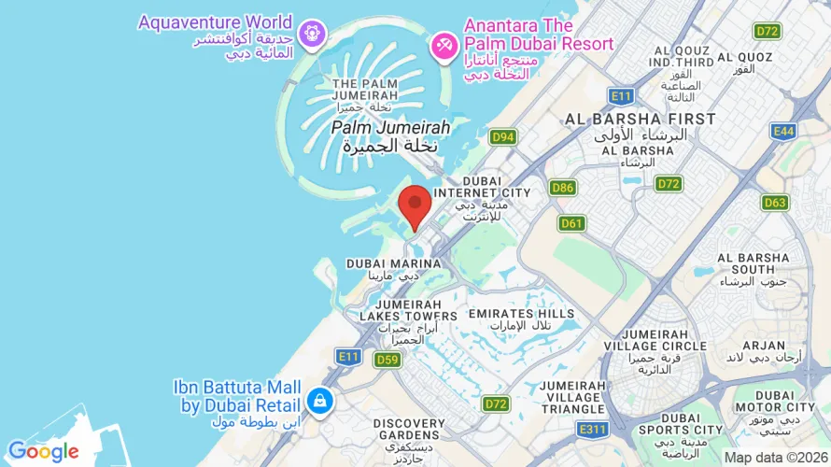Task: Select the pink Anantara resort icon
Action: [x=443, y=44]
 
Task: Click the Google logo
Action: [x=43, y=452]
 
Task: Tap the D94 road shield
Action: [x=502, y=137]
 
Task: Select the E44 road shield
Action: [x=783, y=132]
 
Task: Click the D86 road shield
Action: [x=562, y=188]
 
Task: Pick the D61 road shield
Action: [x=571, y=223]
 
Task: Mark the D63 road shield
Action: [x=775, y=202]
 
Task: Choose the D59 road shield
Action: [x=387, y=359]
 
